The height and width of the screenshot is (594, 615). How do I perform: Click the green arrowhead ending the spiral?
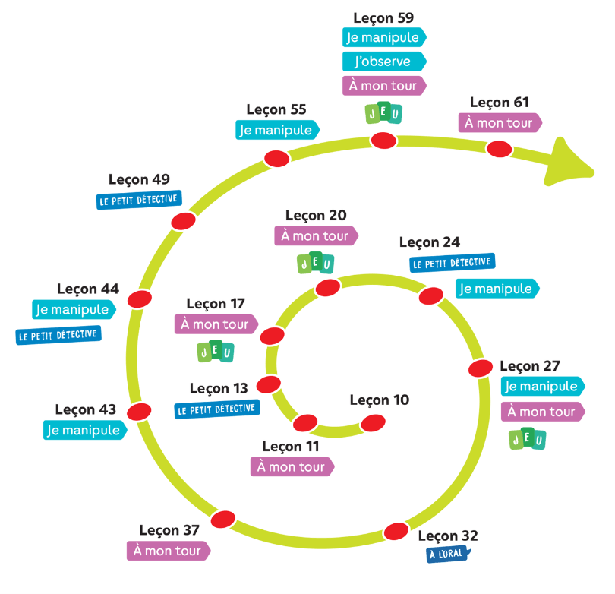[571, 162]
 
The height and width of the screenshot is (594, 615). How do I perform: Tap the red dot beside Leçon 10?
[373, 422]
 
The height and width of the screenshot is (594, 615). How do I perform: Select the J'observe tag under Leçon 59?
[383, 61]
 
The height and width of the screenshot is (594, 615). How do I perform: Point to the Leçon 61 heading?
[499, 103]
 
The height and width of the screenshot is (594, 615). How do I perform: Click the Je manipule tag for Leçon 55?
[277, 130]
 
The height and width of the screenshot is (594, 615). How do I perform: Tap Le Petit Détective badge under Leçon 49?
[137, 201]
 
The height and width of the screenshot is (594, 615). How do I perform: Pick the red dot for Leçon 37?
[222, 519]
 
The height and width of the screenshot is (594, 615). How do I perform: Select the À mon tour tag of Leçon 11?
[292, 466]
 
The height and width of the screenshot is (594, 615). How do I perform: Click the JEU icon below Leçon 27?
[527, 439]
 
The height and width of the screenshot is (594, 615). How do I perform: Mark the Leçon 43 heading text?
[86, 409]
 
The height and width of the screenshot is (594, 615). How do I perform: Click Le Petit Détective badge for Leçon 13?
[217, 409]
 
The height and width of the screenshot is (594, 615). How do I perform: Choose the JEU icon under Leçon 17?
[215, 352]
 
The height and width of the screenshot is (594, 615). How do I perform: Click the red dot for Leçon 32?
[396, 532]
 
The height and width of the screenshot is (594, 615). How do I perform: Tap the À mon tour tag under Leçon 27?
[542, 412]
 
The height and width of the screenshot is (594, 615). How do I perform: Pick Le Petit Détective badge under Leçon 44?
[58, 335]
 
